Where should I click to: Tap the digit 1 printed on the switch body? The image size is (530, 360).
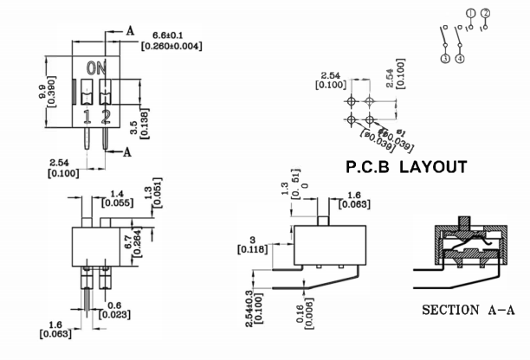[x=87, y=117]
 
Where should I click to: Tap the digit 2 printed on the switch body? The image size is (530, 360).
[x=107, y=117]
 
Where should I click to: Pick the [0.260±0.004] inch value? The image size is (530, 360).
[x=171, y=45]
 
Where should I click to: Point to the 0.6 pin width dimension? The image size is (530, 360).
[x=116, y=305]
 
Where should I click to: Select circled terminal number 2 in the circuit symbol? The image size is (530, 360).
[x=486, y=12]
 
